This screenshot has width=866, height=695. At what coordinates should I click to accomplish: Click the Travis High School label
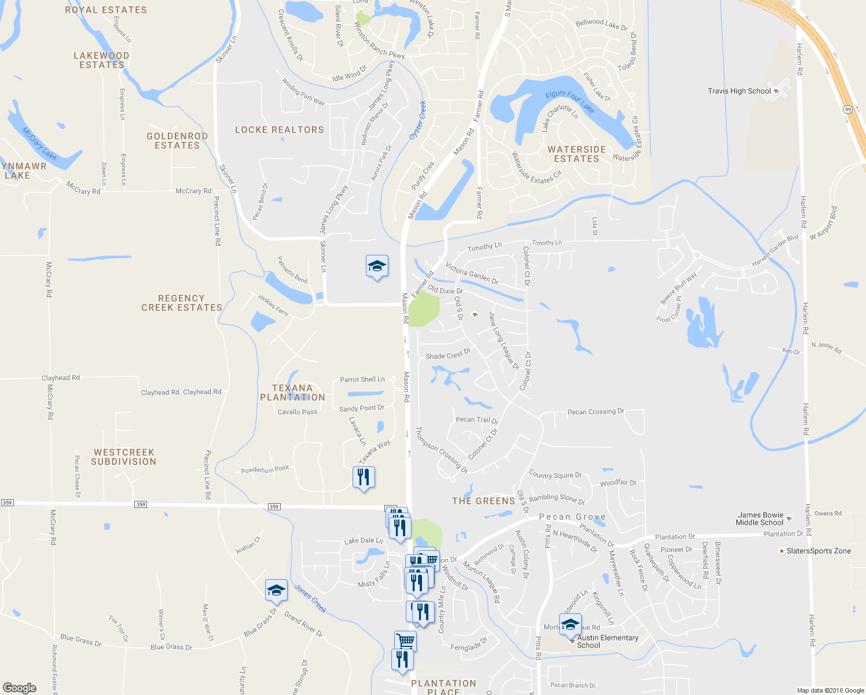pyautogui.click(x=739, y=91)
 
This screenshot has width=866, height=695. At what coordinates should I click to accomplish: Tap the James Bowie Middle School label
pyautogui.click(x=760, y=518)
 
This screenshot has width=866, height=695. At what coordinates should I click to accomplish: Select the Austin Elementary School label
pyautogui.click(x=607, y=641)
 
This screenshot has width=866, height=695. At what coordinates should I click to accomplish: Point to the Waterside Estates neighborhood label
pyautogui.click(x=577, y=154)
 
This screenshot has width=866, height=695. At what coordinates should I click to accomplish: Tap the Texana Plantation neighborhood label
pyautogui.click(x=292, y=393)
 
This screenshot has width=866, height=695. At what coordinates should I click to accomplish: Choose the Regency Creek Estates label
pyautogui.click(x=182, y=303)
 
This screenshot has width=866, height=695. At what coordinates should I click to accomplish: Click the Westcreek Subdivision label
pyautogui.click(x=124, y=457)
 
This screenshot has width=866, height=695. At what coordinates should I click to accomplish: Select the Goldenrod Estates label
pyautogui.click(x=177, y=141)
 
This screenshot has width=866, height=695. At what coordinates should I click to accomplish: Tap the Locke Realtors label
pyautogui.click(x=280, y=130)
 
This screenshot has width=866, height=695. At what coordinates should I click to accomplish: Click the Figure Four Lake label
pyautogui.click(x=570, y=102)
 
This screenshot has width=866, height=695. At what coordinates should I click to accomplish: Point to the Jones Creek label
pyautogui.click(x=310, y=599)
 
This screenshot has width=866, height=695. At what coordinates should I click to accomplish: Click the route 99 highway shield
pyautogui.click(x=848, y=109)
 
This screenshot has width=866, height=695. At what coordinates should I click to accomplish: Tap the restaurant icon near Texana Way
pyautogui.click(x=364, y=478)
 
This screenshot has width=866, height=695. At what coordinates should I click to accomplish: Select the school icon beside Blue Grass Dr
pyautogui.click(x=276, y=590)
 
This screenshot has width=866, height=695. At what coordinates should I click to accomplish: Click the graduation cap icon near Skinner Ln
pyautogui.click(x=377, y=266)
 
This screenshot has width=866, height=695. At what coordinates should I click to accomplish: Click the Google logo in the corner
pyautogui.click(x=20, y=687)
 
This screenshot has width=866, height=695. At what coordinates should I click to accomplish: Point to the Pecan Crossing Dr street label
pyautogui.click(x=596, y=412)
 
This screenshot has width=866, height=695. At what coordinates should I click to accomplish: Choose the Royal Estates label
pyautogui.click(x=106, y=10)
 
